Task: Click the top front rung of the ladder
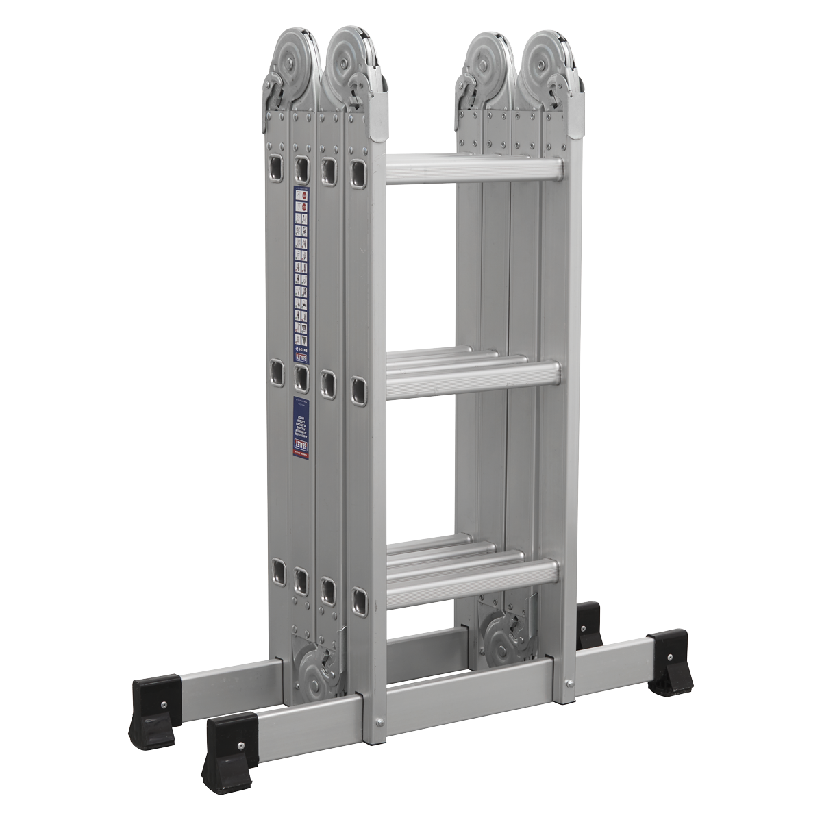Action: (473, 171)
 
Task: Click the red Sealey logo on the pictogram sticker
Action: (300, 356)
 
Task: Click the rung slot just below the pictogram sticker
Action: (300, 375)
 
